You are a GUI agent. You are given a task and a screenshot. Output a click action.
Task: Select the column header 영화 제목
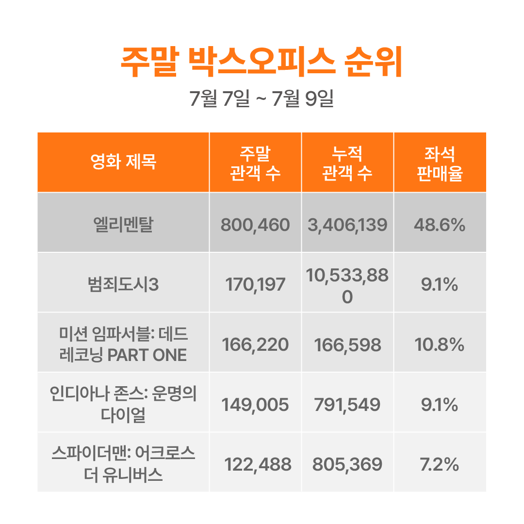coord(123,162)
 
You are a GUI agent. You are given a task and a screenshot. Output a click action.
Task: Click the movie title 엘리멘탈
coord(123,225)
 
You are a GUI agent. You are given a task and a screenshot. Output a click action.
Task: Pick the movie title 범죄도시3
coord(123,285)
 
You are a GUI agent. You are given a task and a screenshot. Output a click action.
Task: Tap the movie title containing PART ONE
coord(123,344)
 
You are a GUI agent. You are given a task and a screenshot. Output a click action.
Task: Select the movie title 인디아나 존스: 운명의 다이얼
coord(123,404)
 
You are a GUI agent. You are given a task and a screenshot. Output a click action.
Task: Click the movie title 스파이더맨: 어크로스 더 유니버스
coord(123,464)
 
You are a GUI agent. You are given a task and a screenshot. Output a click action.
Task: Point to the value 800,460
coord(255,225)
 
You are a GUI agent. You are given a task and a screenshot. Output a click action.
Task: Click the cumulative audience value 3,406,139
coord(347,225)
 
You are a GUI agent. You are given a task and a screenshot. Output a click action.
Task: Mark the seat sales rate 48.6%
coord(440,225)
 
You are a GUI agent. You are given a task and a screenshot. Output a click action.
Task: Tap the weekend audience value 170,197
coord(255,285)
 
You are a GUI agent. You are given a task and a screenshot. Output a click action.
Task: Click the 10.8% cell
coord(440,345)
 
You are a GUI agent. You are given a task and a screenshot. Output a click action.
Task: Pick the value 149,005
coord(255,405)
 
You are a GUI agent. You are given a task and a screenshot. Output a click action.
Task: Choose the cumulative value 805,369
coord(347,465)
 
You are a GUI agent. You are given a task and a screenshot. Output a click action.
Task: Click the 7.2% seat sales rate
coord(440,465)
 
